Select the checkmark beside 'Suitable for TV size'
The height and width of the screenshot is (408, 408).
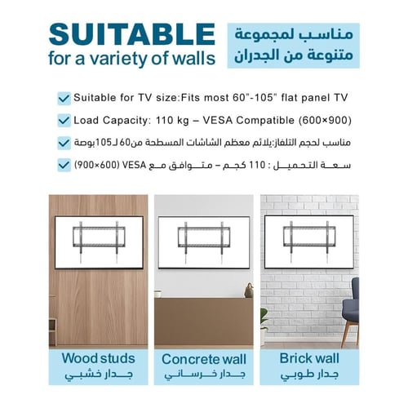[x=64, y=98]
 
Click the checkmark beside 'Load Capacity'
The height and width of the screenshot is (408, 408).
[x=64, y=120]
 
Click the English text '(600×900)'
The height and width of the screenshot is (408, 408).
[x=324, y=120]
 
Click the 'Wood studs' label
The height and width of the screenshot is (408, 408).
[x=97, y=358]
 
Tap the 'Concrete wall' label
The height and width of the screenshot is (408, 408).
[x=203, y=359]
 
